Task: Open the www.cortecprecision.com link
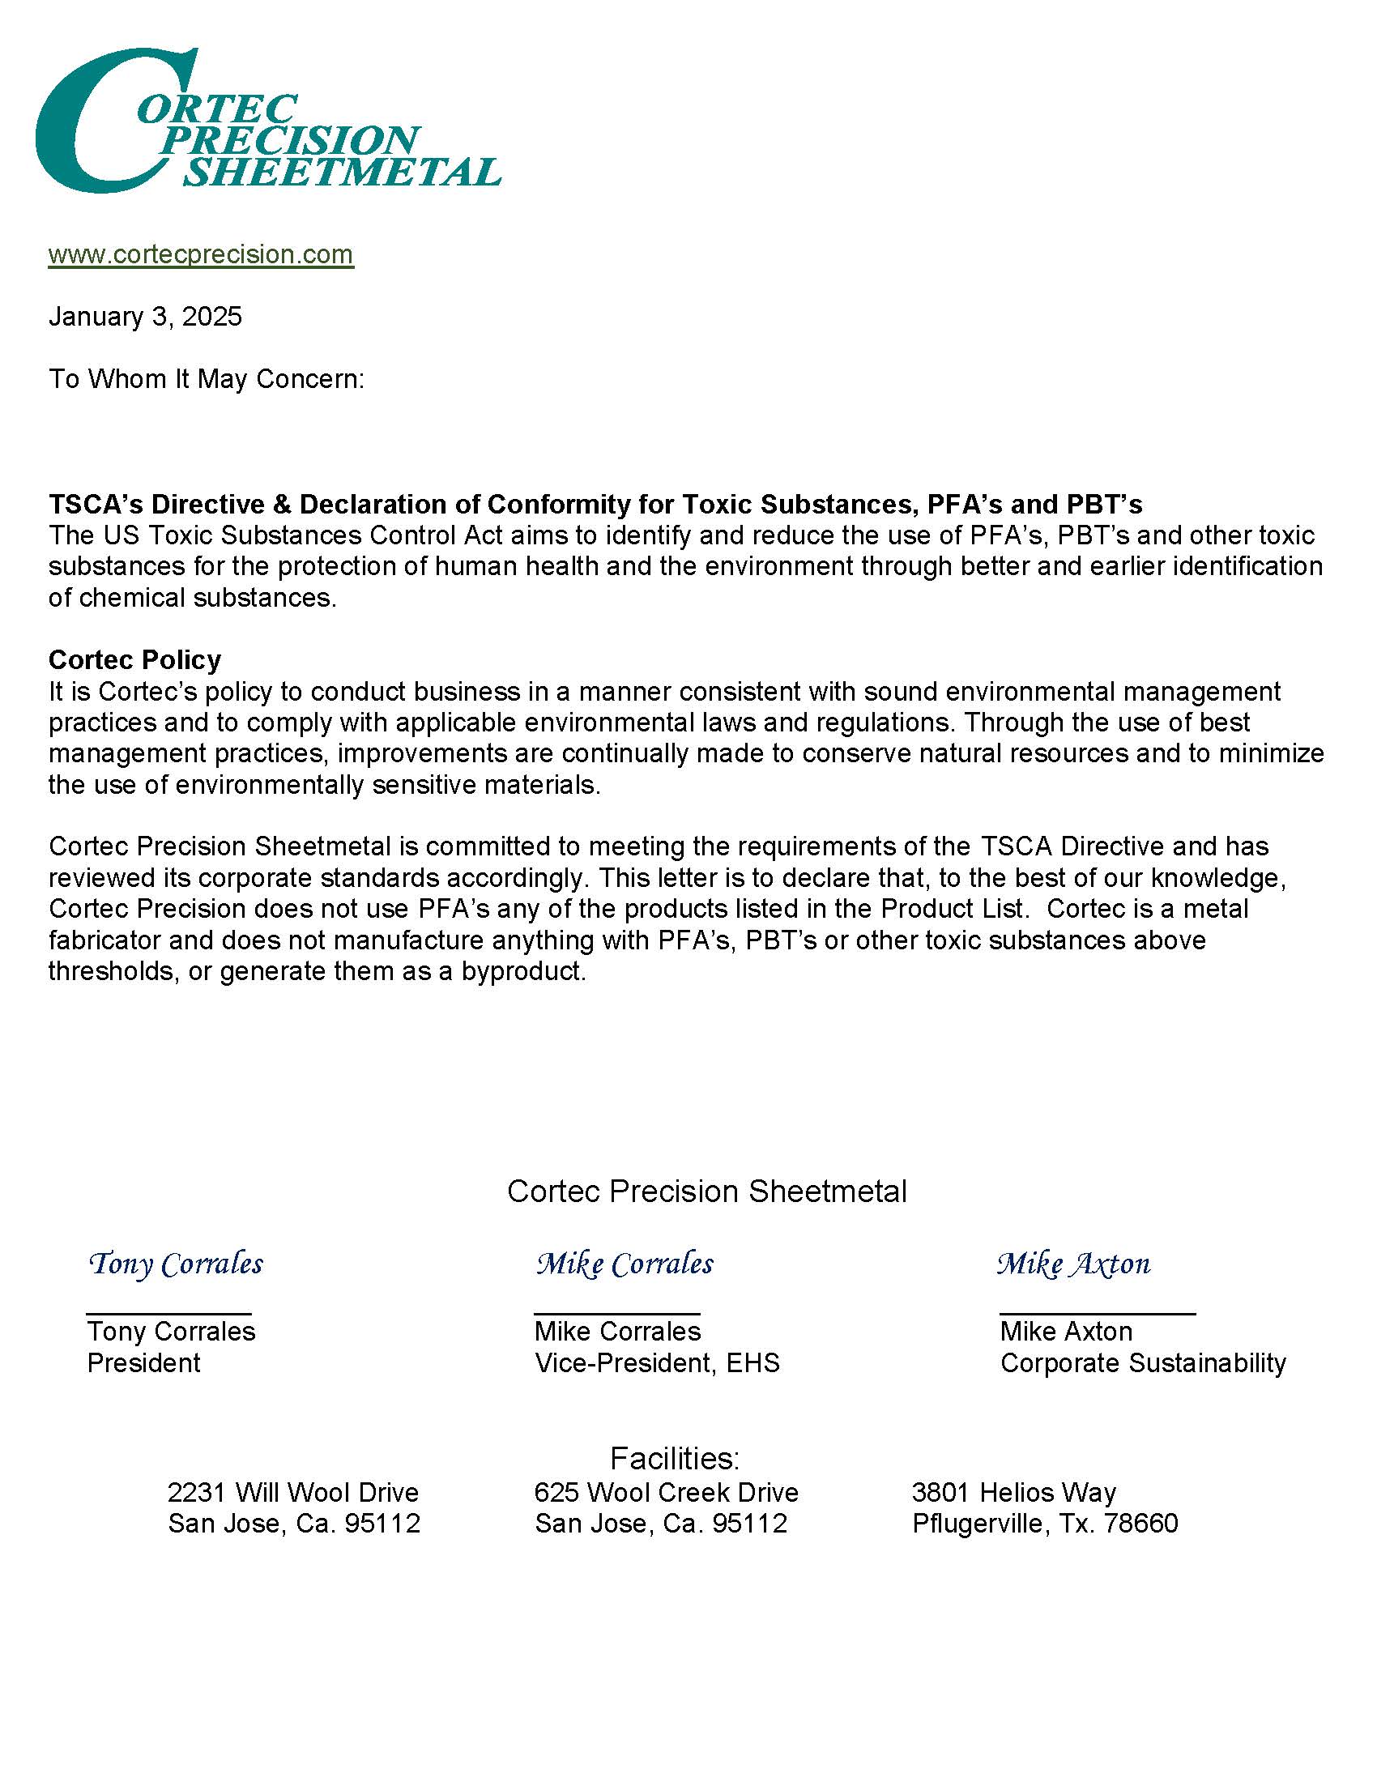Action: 201,254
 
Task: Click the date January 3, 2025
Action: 145,317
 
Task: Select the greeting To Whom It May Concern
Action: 207,379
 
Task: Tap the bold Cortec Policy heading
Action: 134,659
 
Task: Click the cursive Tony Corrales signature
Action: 176,1264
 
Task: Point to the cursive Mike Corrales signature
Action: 624,1264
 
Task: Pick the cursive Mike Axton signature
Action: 1072,1264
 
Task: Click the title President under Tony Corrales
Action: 143,1363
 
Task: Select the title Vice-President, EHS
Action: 657,1363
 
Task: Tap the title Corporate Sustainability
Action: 1143,1363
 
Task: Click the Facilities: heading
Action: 675,1458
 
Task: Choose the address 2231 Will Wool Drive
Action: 293,1493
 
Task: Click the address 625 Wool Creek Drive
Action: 666,1493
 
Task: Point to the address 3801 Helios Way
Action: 1013,1493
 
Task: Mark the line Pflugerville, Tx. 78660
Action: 1045,1524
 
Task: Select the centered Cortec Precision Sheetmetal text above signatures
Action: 706,1192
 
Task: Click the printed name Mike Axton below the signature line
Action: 1066,1332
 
